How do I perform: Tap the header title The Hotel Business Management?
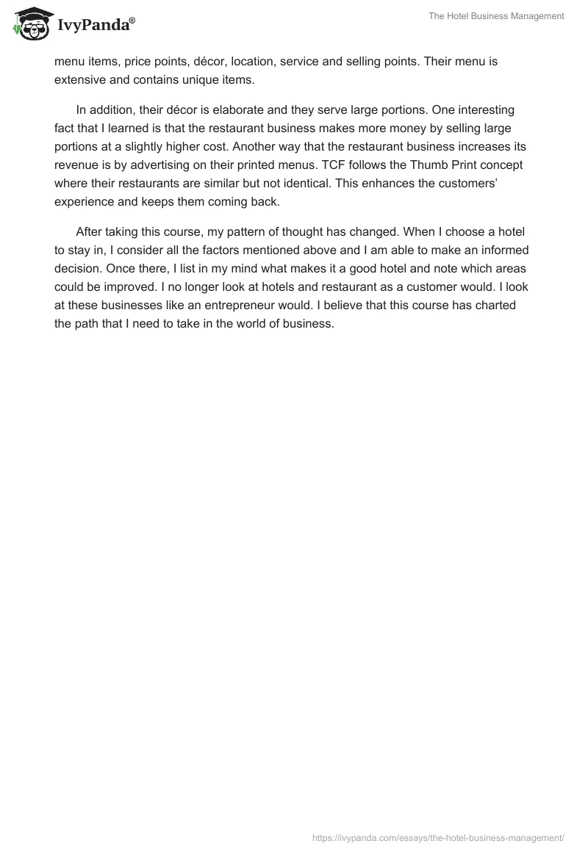[x=497, y=16]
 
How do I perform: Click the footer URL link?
[x=438, y=837]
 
